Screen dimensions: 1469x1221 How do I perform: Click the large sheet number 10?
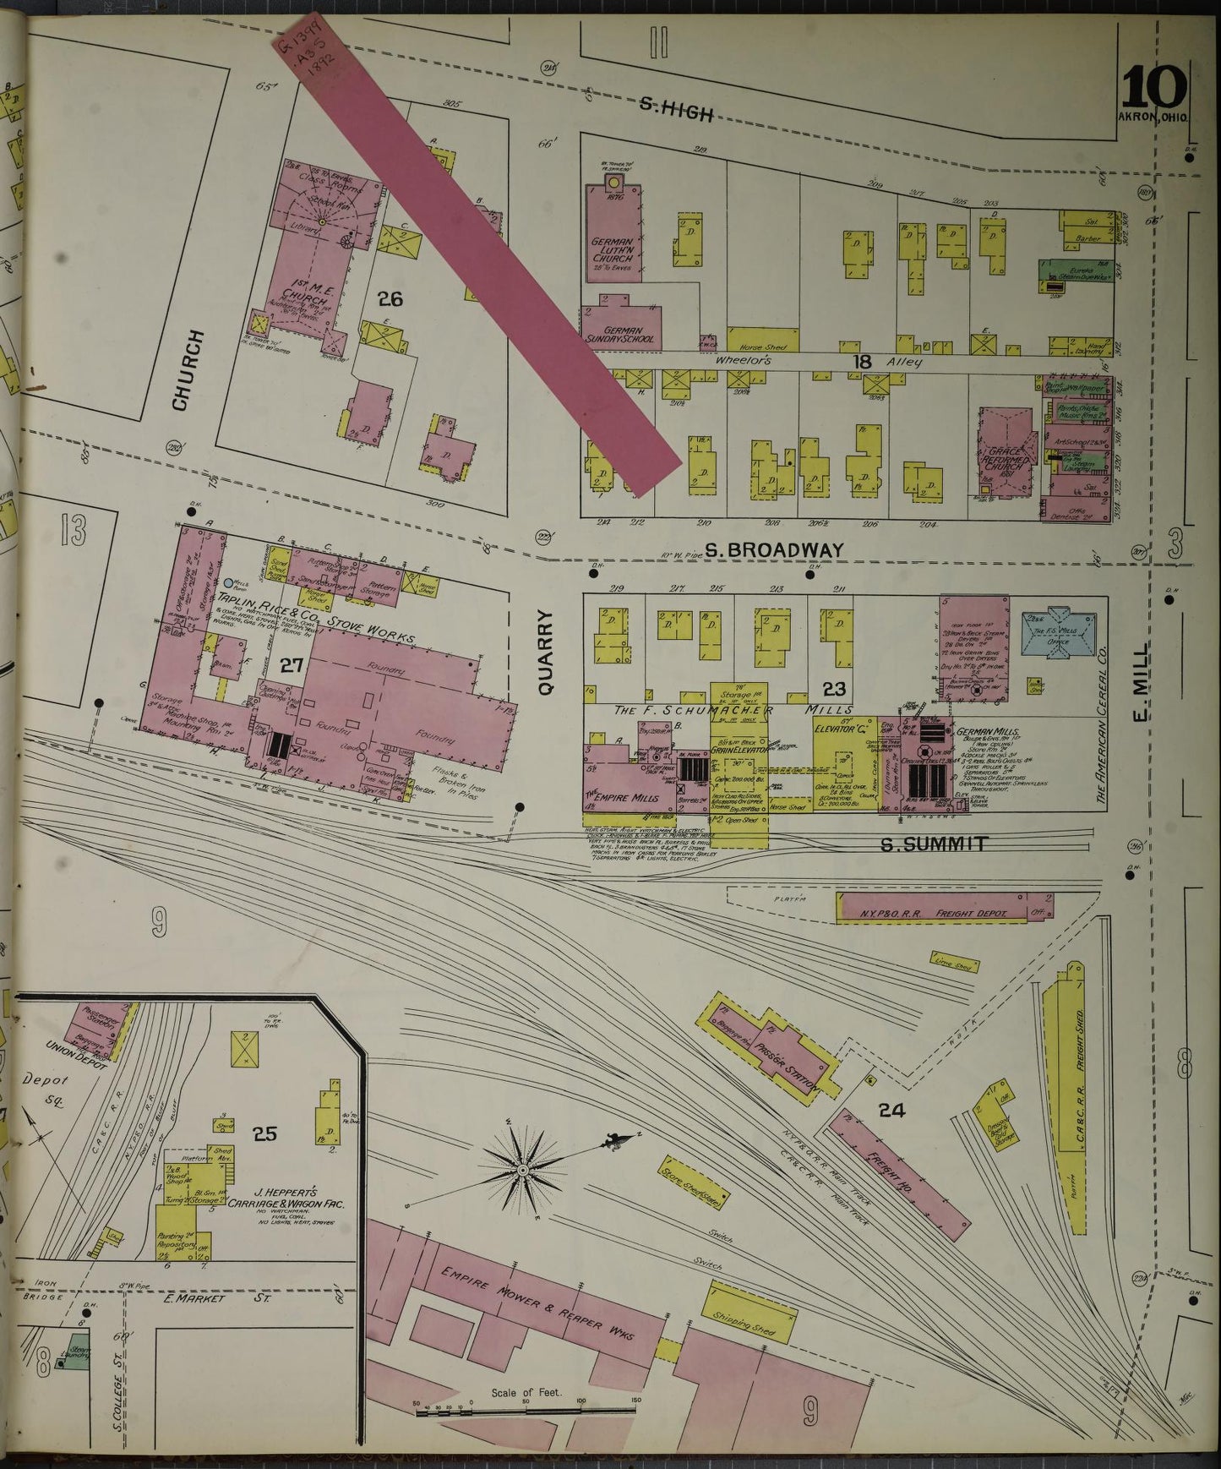(x=1154, y=86)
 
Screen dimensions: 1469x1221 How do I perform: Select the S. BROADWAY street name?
(x=774, y=549)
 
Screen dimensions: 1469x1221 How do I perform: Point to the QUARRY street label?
(x=545, y=653)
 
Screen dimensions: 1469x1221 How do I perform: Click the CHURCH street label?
(x=189, y=370)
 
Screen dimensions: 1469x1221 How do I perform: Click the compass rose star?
(x=523, y=1170)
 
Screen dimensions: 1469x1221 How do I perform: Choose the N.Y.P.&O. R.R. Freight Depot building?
(x=945, y=907)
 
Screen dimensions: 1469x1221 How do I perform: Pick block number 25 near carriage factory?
(x=264, y=1134)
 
